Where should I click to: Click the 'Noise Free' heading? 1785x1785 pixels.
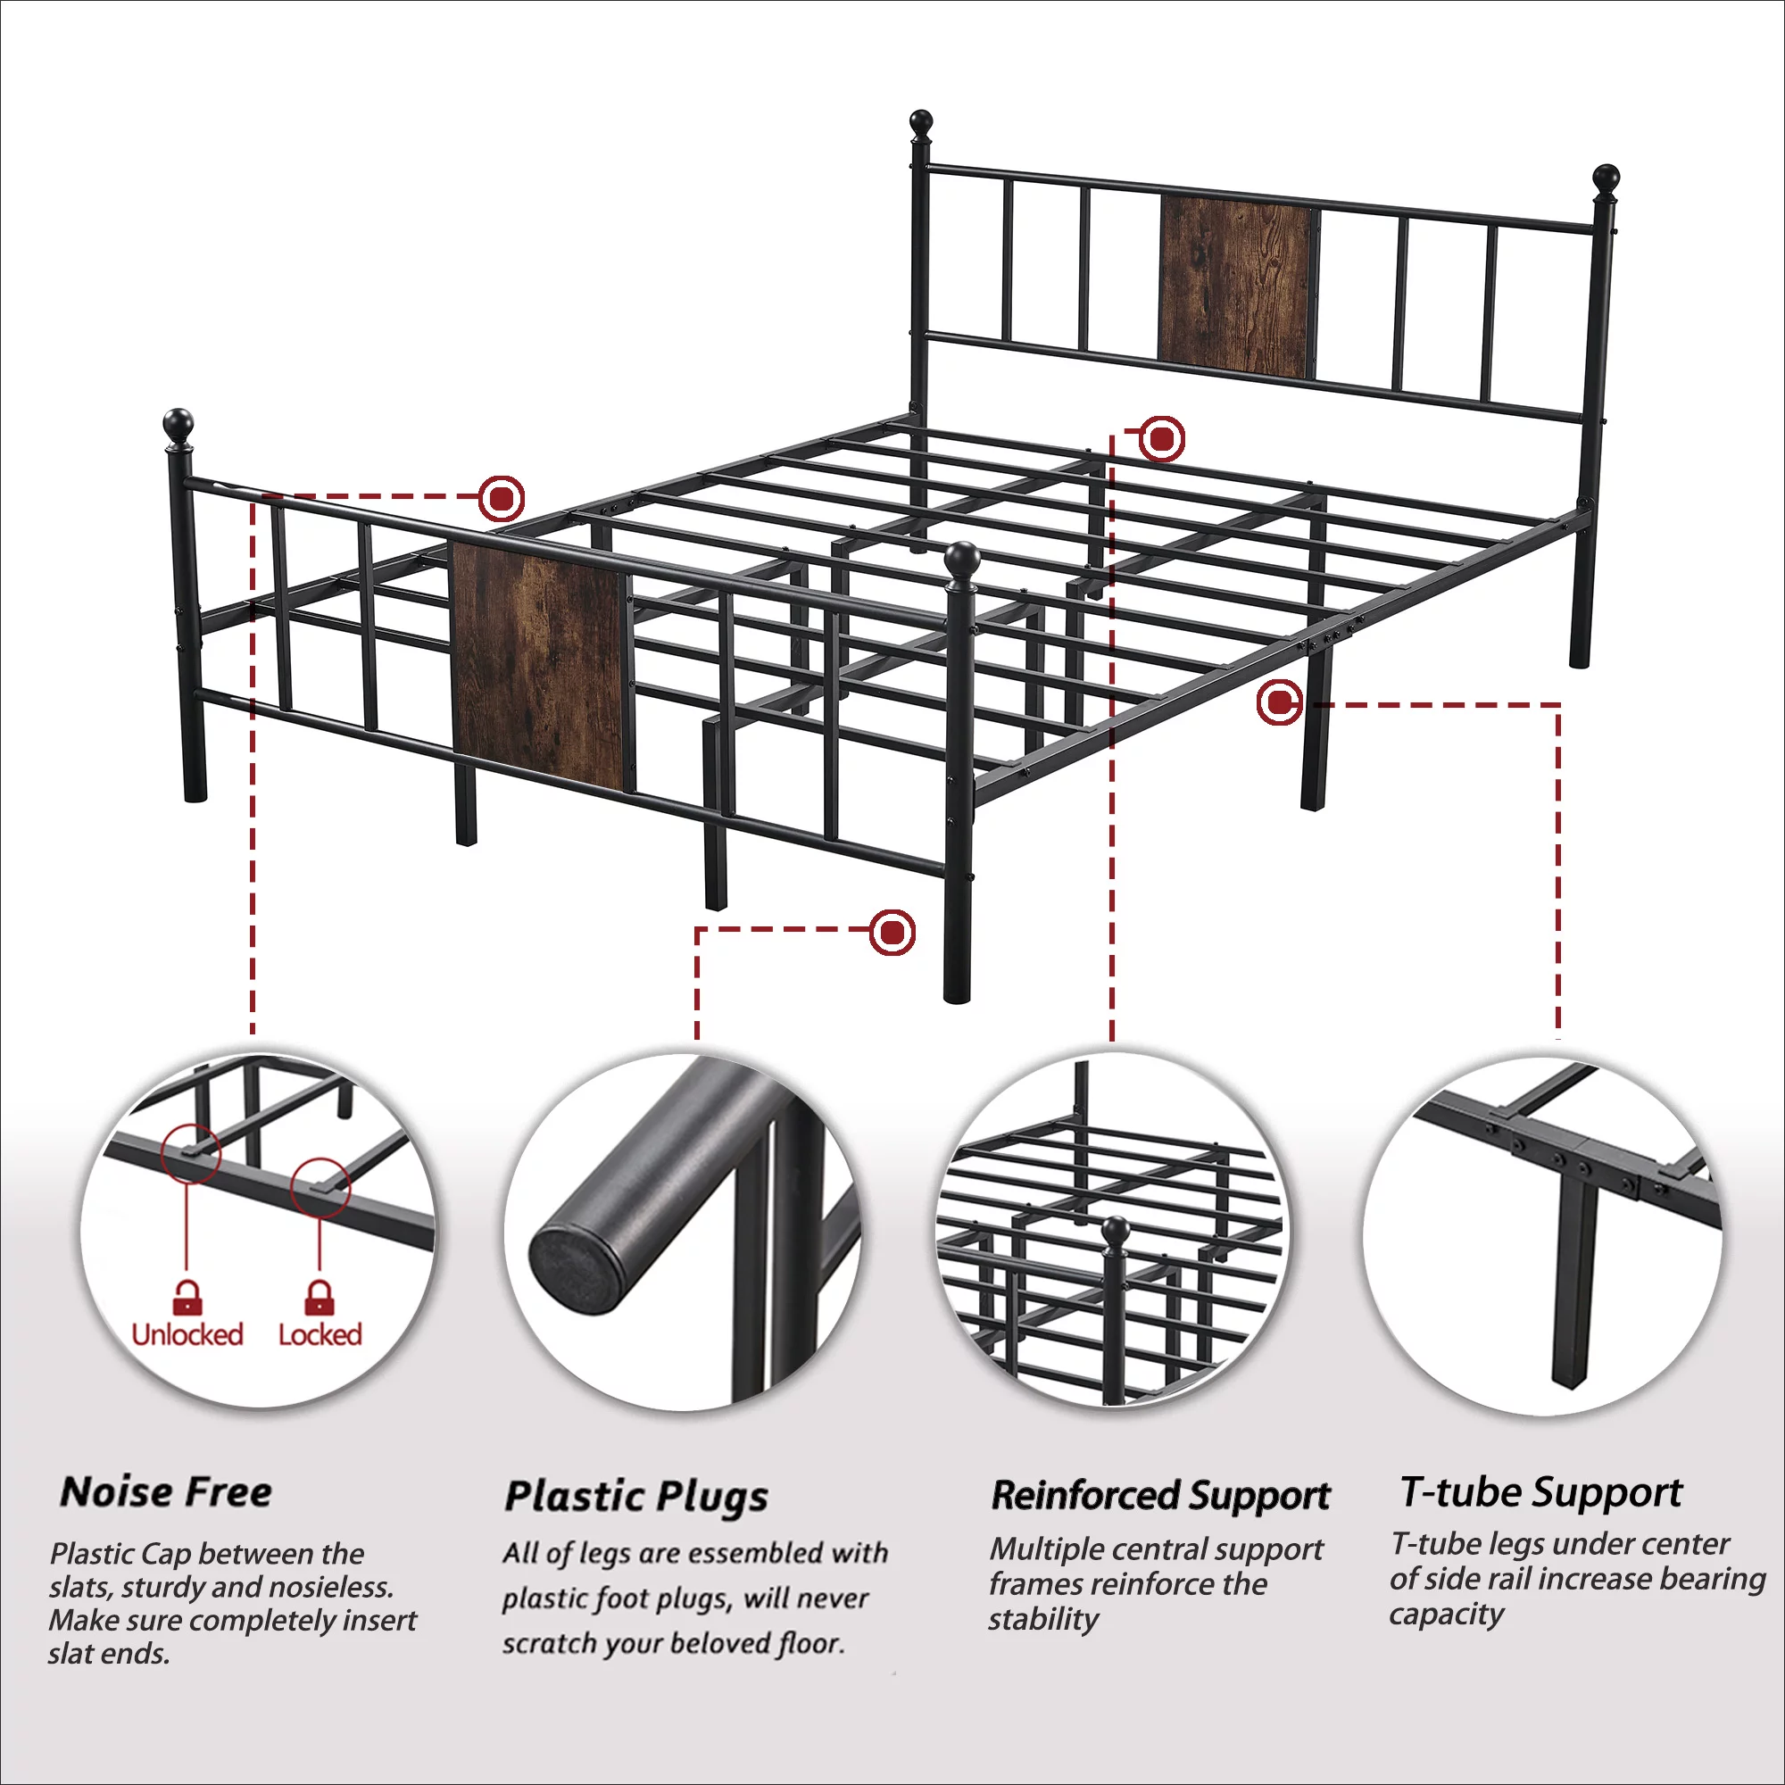(166, 1492)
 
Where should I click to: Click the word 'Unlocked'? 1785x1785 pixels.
(187, 1334)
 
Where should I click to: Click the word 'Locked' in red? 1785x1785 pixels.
(320, 1334)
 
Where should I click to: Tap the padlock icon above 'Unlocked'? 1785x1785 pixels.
(187, 1297)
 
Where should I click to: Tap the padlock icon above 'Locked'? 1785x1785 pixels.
(320, 1297)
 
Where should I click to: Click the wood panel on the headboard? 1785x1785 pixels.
(1236, 286)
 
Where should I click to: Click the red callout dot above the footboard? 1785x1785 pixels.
(502, 499)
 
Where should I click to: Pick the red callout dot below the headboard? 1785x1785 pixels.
(1161, 438)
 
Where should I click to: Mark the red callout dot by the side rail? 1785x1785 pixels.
(1280, 703)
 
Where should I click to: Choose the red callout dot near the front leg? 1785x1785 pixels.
(892, 933)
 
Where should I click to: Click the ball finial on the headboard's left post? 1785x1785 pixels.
(921, 123)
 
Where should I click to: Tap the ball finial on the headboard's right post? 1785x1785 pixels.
(1606, 178)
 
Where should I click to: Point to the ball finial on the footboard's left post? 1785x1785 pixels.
(178, 425)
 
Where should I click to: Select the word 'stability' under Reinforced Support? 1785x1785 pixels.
(1044, 1620)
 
